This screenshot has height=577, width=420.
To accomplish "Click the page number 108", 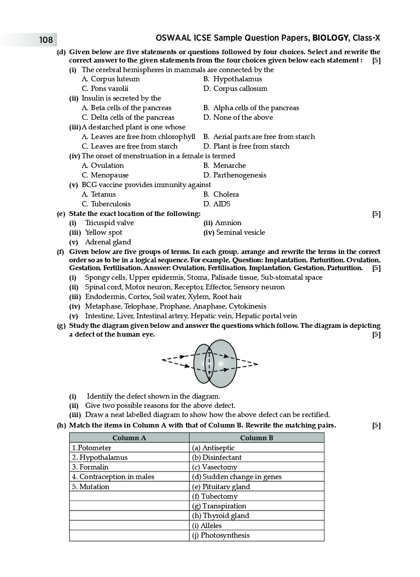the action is (45, 40).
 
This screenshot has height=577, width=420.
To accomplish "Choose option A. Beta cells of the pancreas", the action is (126, 108).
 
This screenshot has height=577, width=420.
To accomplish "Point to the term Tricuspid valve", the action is (109, 223).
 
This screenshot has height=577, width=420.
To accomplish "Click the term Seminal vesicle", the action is (240, 233).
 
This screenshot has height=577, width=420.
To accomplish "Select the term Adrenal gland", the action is (108, 242).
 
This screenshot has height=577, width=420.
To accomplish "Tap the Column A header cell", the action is (129, 438).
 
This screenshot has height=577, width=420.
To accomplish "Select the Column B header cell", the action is (256, 438).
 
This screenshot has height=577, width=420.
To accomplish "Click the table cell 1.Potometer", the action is (92, 448).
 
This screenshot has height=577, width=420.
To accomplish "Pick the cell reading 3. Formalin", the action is (90, 467).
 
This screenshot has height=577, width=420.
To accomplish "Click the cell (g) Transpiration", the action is (219, 506).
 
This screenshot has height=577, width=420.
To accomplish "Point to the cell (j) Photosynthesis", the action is (220, 535).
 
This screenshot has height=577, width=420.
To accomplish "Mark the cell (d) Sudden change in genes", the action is (237, 476).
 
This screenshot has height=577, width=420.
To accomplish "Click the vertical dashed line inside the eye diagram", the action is (210, 364).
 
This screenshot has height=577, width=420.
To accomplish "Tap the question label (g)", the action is (61, 326).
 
